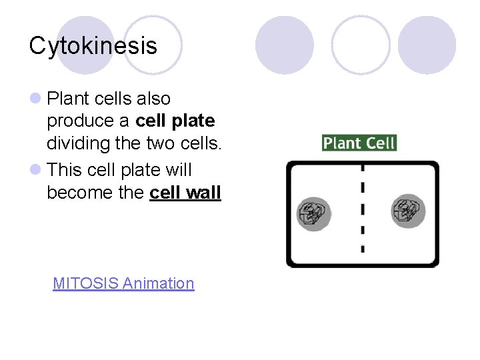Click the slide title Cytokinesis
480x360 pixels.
93,46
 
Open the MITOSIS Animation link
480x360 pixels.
123,283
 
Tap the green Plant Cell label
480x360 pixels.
359,143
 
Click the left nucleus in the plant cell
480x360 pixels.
313,213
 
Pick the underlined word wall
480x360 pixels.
204,193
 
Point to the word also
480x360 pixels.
153,99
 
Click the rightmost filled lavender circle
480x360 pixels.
427,45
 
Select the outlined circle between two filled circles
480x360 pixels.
360,45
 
